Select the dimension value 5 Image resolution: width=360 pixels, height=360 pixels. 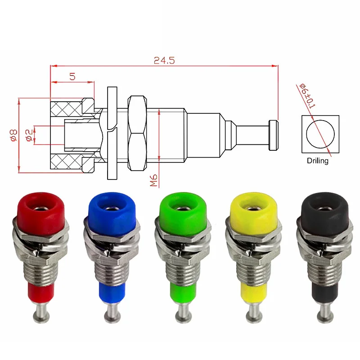click(72, 76)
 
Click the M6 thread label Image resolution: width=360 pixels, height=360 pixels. click(153, 180)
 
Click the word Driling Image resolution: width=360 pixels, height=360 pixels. click(318, 161)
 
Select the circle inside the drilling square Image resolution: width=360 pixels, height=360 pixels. click(320, 134)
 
